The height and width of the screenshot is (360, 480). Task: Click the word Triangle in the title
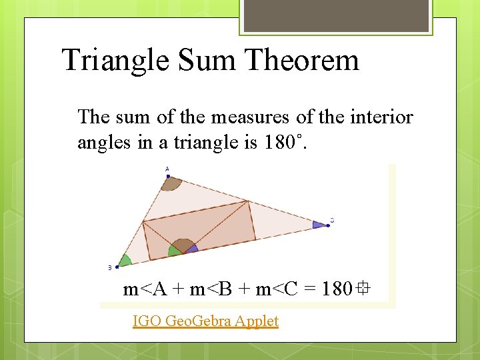click(115, 61)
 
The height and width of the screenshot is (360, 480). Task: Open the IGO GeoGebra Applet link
click(205, 321)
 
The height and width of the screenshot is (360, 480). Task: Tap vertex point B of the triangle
click(117, 267)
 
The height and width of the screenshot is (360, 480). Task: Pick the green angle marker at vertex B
click(125, 261)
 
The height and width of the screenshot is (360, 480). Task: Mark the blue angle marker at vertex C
click(321, 225)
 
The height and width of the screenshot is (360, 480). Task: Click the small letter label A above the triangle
click(167, 169)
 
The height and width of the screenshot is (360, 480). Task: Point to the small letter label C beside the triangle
click(332, 220)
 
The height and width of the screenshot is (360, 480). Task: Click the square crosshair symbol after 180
click(363, 289)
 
